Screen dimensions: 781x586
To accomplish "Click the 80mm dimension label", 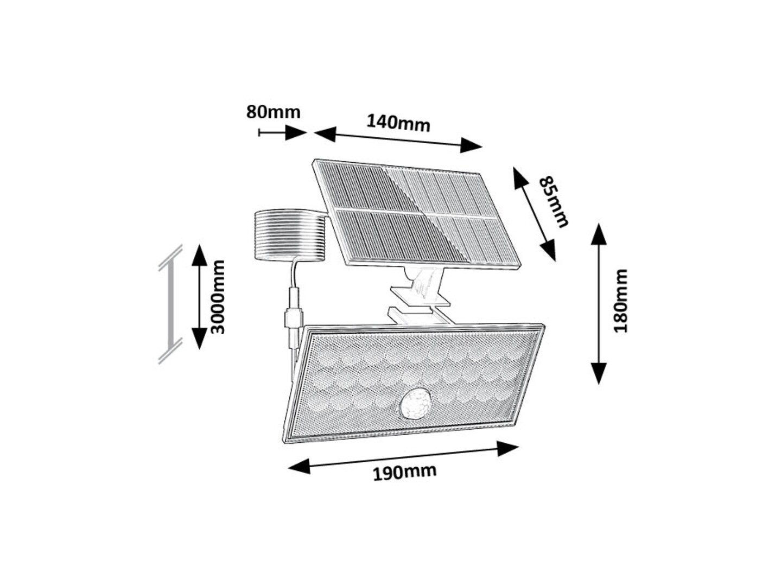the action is [x=273, y=112].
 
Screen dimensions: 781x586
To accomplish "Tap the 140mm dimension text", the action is [x=398, y=123].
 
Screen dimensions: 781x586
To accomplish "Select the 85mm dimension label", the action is [x=553, y=202].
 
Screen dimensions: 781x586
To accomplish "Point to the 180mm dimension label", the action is [x=621, y=301].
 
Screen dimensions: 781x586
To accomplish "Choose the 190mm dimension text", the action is [x=404, y=472].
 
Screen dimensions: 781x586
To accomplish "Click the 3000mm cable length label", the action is [x=218, y=297].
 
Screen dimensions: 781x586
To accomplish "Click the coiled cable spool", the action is [x=290, y=235].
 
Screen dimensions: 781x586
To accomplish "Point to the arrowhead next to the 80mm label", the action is [x=296, y=133].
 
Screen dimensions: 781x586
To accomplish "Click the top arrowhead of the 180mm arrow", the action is [x=599, y=234].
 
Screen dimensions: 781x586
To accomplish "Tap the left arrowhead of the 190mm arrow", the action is [x=299, y=466].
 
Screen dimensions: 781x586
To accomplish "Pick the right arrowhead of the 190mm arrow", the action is [x=508, y=448].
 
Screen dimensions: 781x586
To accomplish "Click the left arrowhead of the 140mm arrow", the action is [x=325, y=134].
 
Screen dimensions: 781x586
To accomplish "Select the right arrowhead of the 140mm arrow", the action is [x=471, y=145].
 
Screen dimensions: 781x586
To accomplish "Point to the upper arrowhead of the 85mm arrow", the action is [x=520, y=178].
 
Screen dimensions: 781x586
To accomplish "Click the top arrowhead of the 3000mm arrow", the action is [x=199, y=255].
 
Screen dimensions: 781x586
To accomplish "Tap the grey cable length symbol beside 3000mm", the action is [x=170, y=304].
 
